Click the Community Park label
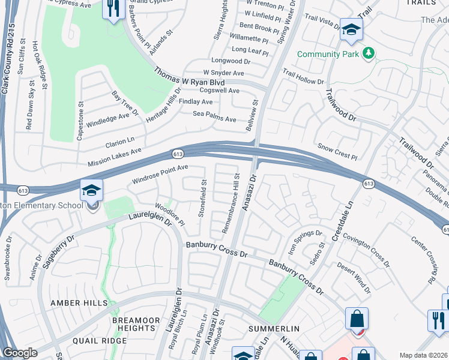coord(327,54)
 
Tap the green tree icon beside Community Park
coord(368,54)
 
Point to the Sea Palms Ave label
coord(214,115)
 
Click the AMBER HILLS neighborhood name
coord(75,303)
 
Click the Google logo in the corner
coord(20,353)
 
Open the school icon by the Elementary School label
coord(91,191)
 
